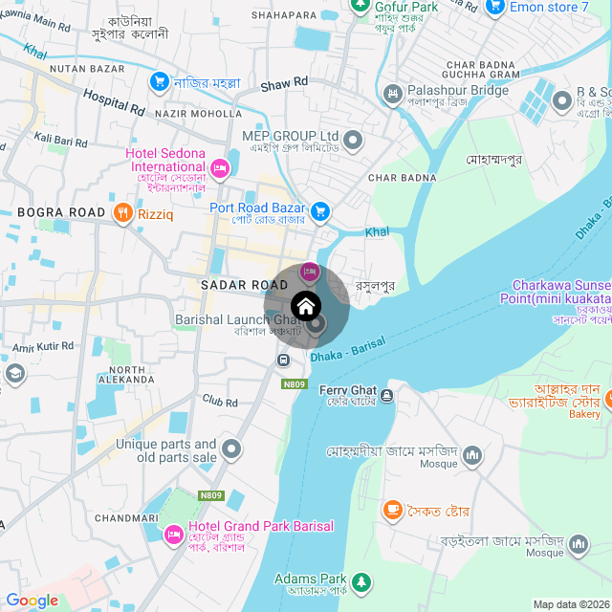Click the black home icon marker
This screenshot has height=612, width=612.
[x=306, y=306]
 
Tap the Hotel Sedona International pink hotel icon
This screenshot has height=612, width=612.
[x=219, y=169]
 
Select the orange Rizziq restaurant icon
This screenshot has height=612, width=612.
[x=121, y=213]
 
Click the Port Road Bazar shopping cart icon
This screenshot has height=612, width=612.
[x=321, y=210]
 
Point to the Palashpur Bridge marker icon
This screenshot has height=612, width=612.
[x=392, y=94]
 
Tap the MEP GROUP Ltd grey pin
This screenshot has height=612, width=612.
[x=353, y=142]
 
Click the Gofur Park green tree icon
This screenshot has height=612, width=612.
[x=360, y=6]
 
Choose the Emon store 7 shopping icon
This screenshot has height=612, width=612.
[x=494, y=8]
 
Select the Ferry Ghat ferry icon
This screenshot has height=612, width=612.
[x=385, y=395]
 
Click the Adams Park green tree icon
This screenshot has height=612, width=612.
[x=361, y=581]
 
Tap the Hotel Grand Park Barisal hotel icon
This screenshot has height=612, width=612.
[x=173, y=533]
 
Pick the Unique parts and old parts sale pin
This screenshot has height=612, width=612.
[x=230, y=448]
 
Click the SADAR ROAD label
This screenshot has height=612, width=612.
[x=244, y=285]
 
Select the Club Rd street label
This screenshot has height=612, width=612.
[x=219, y=402]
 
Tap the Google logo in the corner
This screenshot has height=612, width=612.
[x=32, y=601]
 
